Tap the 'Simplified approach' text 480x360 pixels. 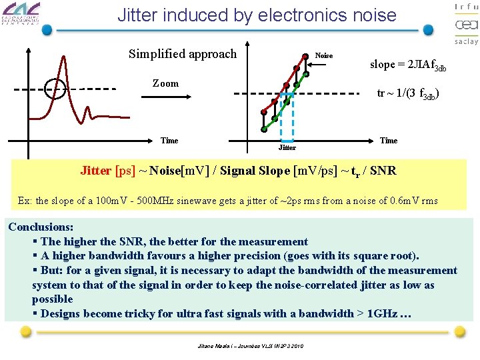click(x=182, y=53)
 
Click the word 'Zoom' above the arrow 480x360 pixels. click(x=165, y=83)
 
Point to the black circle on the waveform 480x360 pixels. click(x=55, y=88)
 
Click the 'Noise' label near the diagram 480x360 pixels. click(x=323, y=55)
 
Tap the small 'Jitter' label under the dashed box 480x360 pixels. click(x=287, y=147)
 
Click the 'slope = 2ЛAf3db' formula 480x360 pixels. click(x=408, y=65)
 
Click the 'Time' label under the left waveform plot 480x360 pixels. click(x=169, y=141)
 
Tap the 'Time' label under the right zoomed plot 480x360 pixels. click(x=389, y=141)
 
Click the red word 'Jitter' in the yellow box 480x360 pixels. click(x=96, y=171)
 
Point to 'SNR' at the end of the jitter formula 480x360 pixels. click(x=383, y=171)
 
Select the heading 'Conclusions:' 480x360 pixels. click(x=41, y=227)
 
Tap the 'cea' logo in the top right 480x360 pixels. click(x=466, y=25)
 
